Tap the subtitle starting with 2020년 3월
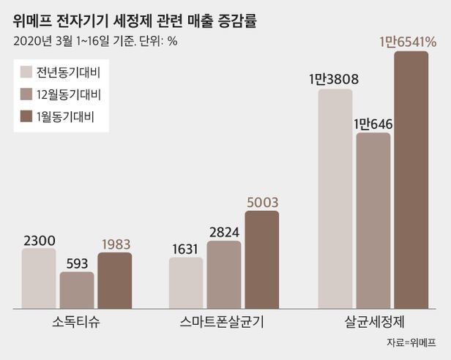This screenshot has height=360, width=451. click(x=95, y=40)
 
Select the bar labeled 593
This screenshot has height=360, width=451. click(x=76, y=288)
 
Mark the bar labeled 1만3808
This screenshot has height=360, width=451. click(x=335, y=198)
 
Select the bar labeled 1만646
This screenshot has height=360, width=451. click(x=373, y=219)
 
